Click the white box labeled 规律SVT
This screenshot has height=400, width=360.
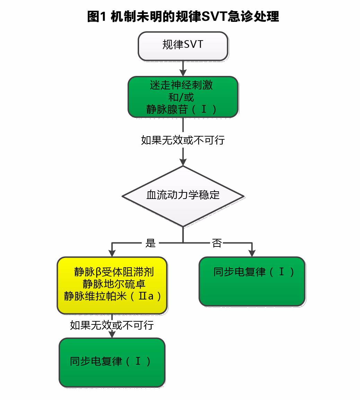[183, 46]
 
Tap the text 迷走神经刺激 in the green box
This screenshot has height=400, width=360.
[181, 85]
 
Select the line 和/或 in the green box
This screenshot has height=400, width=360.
[181, 97]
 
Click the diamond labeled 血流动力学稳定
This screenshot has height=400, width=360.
[183, 195]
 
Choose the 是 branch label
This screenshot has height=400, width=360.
[151, 243]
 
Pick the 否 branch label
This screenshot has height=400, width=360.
[217, 243]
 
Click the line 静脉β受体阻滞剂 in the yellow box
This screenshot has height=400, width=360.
[114, 272]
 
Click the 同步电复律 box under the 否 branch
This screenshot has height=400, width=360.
[252, 281]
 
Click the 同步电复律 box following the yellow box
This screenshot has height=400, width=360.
[112, 362]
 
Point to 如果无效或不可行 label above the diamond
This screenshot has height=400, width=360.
[183, 140]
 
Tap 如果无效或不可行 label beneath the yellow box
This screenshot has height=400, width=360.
[112, 325]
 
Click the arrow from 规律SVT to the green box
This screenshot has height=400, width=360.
[183, 69]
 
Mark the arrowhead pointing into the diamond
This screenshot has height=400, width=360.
[183, 162]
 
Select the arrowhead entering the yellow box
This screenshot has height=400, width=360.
[112, 253]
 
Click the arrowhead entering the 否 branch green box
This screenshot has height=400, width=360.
[252, 253]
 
